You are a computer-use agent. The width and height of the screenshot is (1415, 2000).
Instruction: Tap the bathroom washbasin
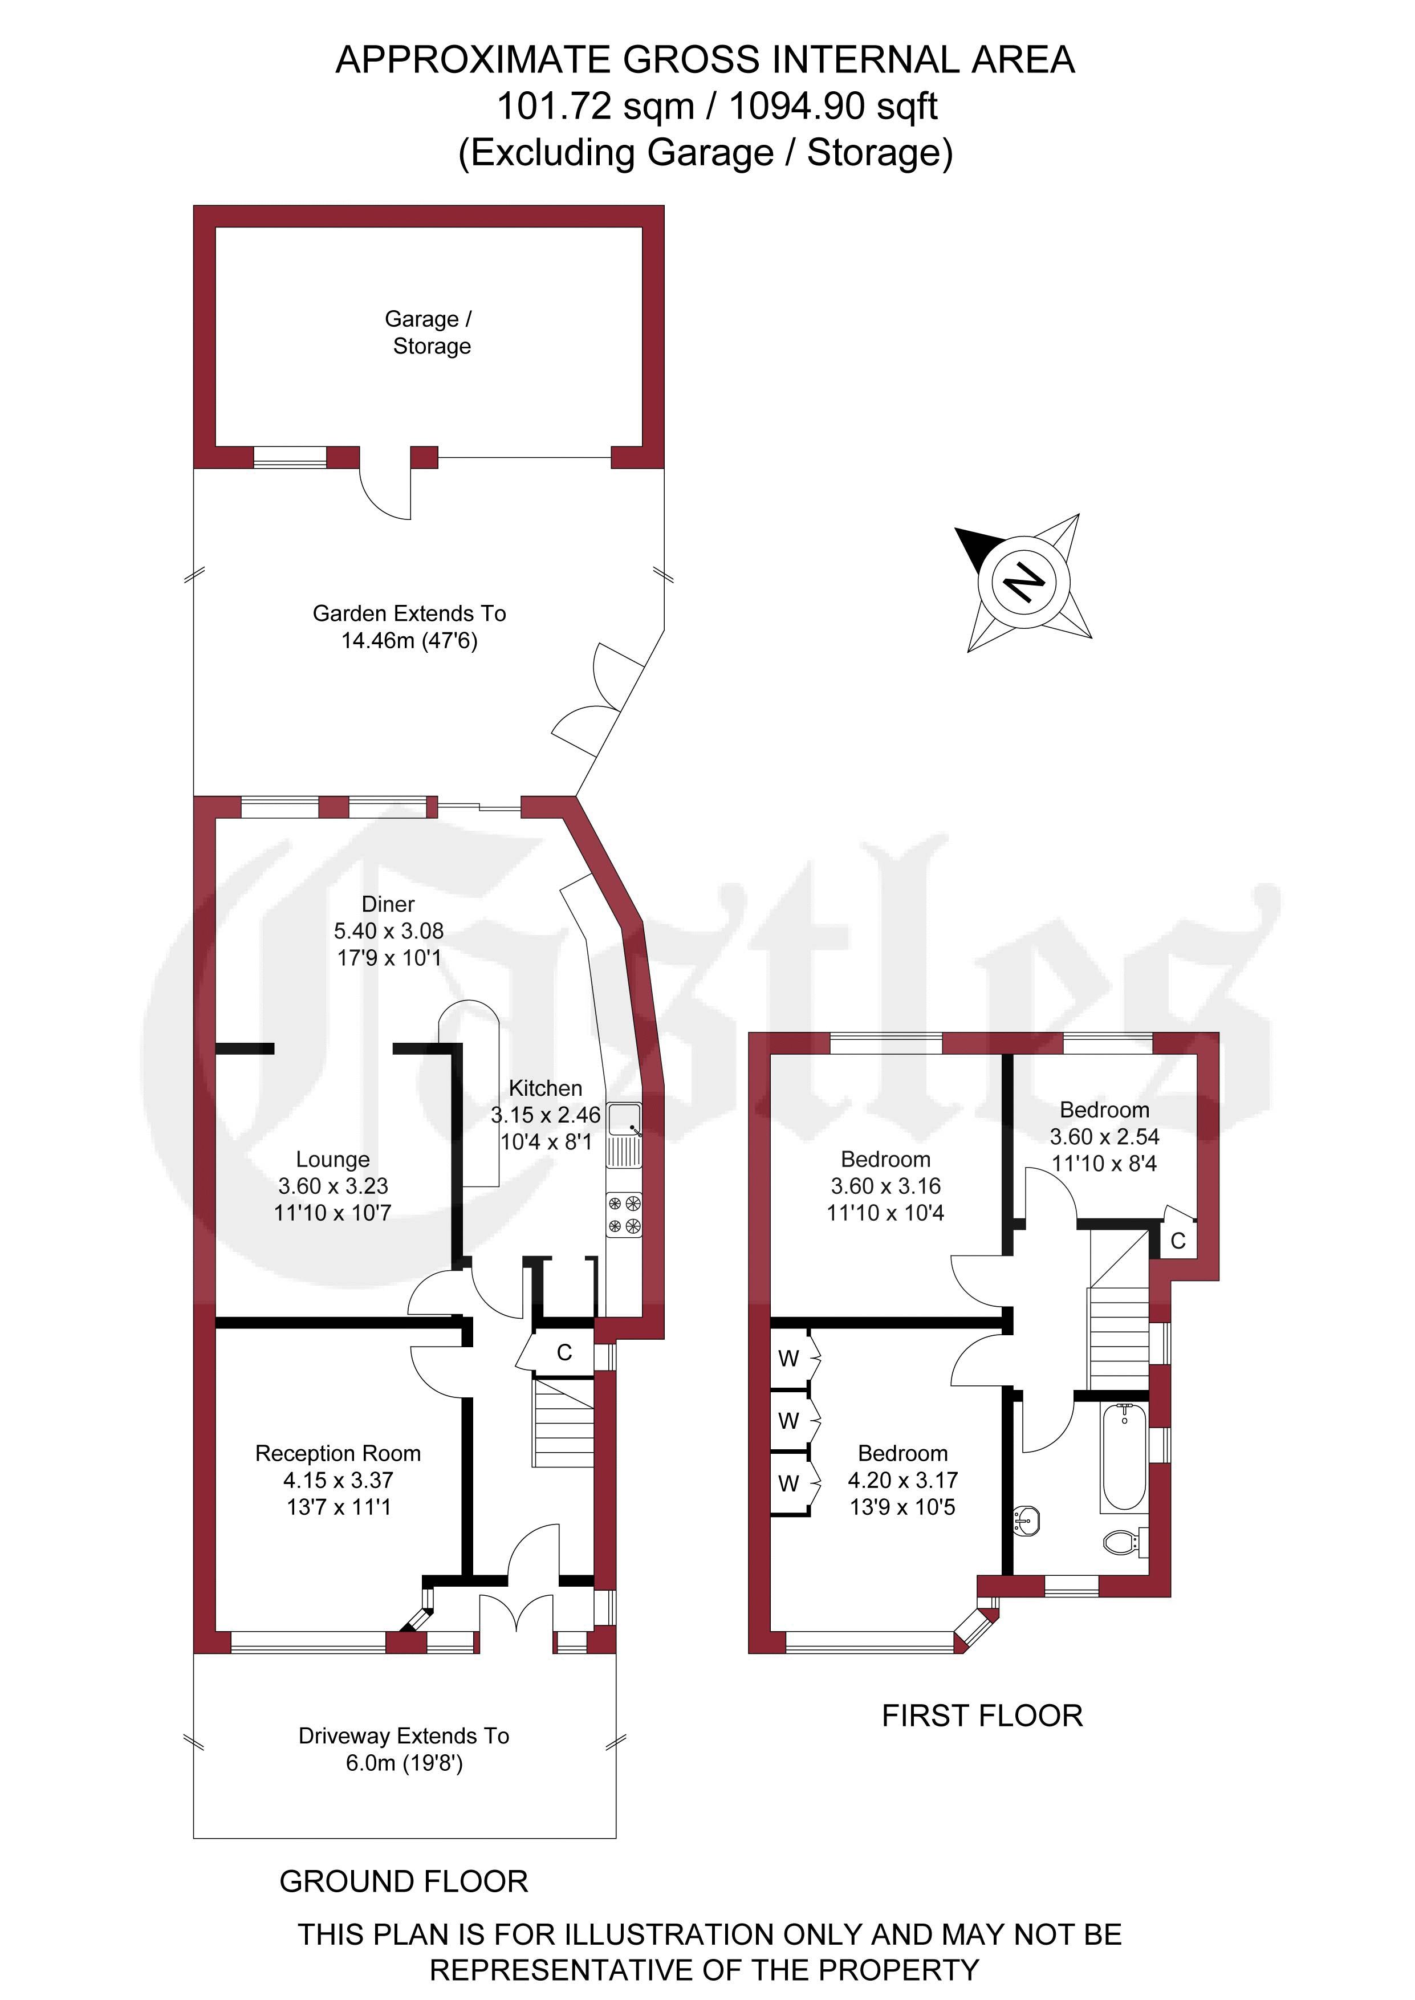(1026, 1522)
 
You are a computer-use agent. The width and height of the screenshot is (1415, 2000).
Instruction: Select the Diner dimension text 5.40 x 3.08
(389, 931)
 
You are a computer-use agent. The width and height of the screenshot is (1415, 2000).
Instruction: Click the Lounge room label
(333, 1160)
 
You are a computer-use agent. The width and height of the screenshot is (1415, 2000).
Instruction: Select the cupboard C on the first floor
(1178, 1241)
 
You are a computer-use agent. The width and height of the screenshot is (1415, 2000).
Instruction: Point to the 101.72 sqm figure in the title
(595, 106)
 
